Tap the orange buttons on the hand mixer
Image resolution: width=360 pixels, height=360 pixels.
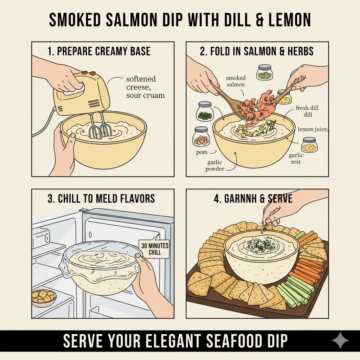89,73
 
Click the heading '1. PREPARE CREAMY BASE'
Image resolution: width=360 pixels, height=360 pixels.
99,51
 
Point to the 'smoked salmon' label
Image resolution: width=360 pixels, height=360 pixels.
236,81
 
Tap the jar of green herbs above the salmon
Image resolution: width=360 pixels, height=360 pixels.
265,72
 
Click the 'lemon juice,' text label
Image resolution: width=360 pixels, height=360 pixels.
313,129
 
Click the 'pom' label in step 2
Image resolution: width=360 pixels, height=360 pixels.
201,153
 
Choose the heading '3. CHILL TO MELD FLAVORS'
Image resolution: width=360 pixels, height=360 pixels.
101,198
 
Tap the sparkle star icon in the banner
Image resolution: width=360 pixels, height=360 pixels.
340,341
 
